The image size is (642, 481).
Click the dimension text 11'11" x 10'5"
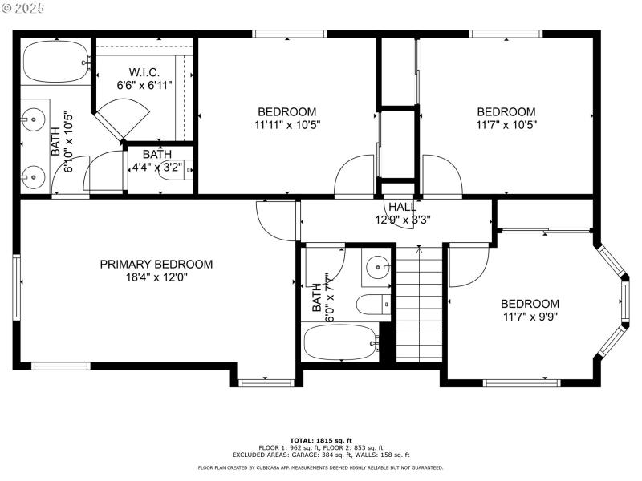286,125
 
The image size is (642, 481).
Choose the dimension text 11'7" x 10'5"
506,125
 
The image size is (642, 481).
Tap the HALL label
402,207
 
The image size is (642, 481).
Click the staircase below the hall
420,305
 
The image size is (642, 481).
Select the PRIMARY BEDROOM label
156,265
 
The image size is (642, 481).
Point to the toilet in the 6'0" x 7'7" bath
372,305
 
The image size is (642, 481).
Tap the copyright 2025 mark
24,8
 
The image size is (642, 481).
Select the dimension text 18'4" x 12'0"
156,278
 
